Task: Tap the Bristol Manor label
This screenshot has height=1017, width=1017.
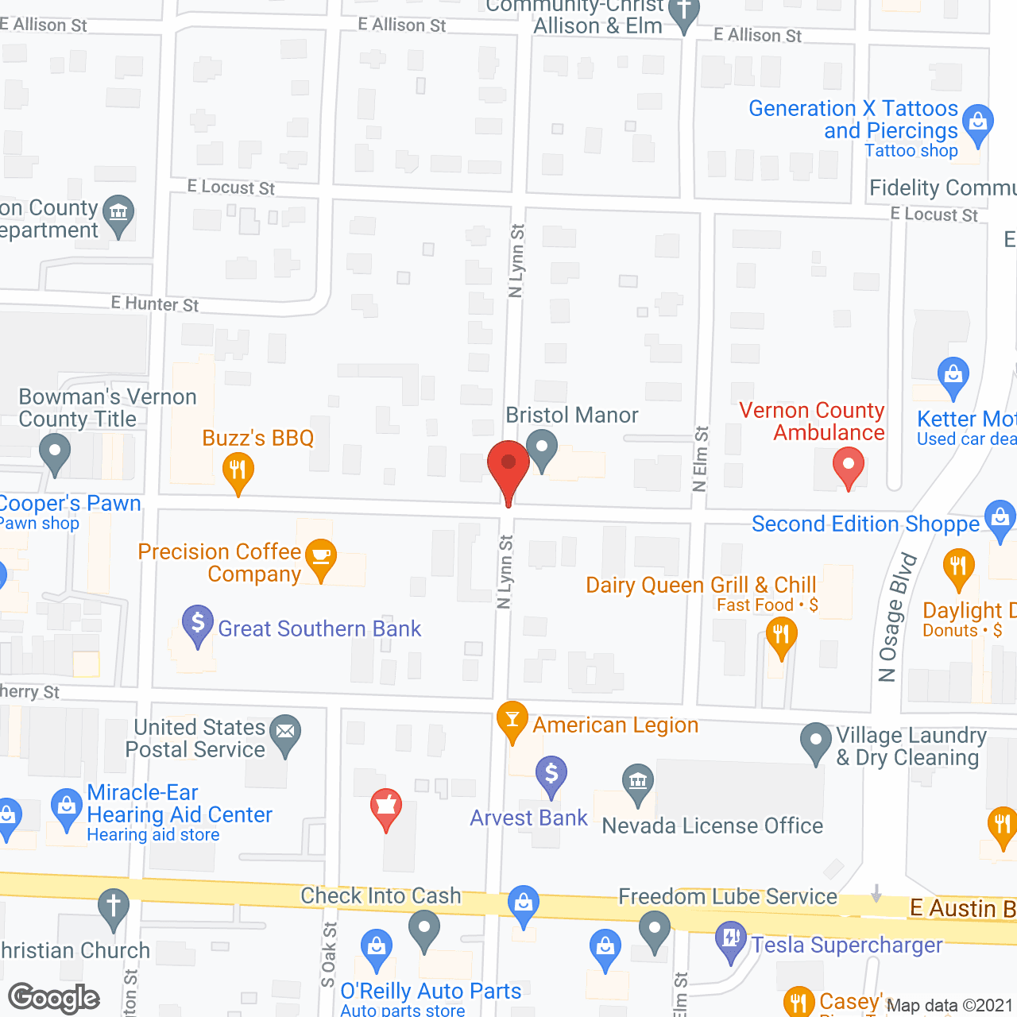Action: click(572, 415)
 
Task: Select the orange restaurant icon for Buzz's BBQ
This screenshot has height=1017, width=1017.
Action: click(238, 471)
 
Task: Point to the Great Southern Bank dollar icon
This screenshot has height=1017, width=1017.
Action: click(198, 623)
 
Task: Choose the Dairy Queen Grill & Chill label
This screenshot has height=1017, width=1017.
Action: click(701, 586)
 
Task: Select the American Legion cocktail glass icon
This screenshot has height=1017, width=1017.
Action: click(512, 720)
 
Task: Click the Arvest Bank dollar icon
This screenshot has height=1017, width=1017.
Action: click(551, 774)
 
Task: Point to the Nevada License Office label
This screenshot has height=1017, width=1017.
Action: click(713, 826)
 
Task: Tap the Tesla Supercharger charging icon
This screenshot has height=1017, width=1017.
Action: click(729, 938)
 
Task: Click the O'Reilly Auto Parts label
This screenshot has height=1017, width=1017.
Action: click(431, 991)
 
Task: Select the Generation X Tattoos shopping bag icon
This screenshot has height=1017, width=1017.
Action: click(978, 123)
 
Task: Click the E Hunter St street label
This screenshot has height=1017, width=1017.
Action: click(155, 304)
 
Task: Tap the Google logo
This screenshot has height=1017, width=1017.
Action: click(54, 998)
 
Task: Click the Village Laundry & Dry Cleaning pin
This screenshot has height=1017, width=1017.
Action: click(815, 741)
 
